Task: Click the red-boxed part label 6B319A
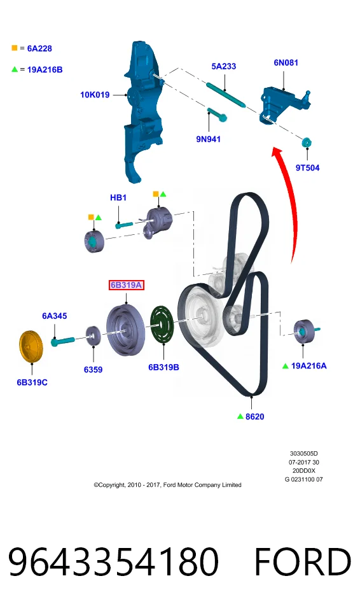126,285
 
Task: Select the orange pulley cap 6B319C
31,346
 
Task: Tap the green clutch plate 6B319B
162,325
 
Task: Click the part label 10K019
95,95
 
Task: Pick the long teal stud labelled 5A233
226,94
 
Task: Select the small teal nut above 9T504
307,142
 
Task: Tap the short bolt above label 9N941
217,115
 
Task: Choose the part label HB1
118,197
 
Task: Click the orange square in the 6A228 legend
15,48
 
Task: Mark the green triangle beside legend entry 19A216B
15,69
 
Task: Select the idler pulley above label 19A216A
304,332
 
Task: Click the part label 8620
255,416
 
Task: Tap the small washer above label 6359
93,335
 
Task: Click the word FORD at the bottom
302,561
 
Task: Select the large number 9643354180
113,561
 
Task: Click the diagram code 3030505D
303,454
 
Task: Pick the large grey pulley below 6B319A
125,330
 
